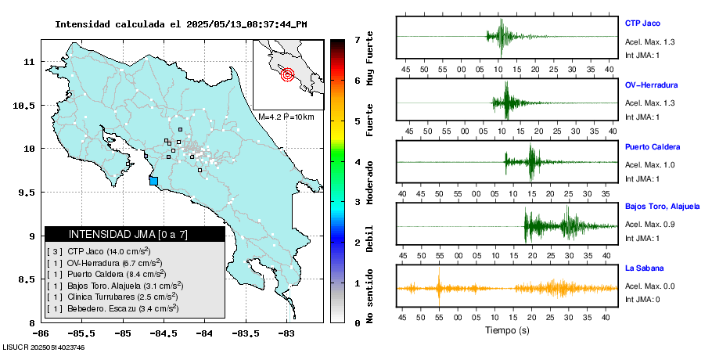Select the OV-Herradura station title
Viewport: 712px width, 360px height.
[x=651, y=85]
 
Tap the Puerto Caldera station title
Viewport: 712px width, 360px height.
[x=653, y=147]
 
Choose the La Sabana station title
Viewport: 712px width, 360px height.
[x=644, y=268]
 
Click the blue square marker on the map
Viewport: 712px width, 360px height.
[x=153, y=181]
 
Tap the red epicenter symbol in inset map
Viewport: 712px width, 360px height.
[x=287, y=75]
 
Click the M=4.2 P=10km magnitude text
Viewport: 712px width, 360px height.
[x=286, y=117]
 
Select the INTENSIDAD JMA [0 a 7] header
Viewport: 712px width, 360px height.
[x=135, y=234]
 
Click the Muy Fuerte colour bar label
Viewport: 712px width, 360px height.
[x=370, y=59]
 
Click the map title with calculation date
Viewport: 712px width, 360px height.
[x=181, y=24]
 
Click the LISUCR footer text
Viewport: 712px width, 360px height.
[x=44, y=347]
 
